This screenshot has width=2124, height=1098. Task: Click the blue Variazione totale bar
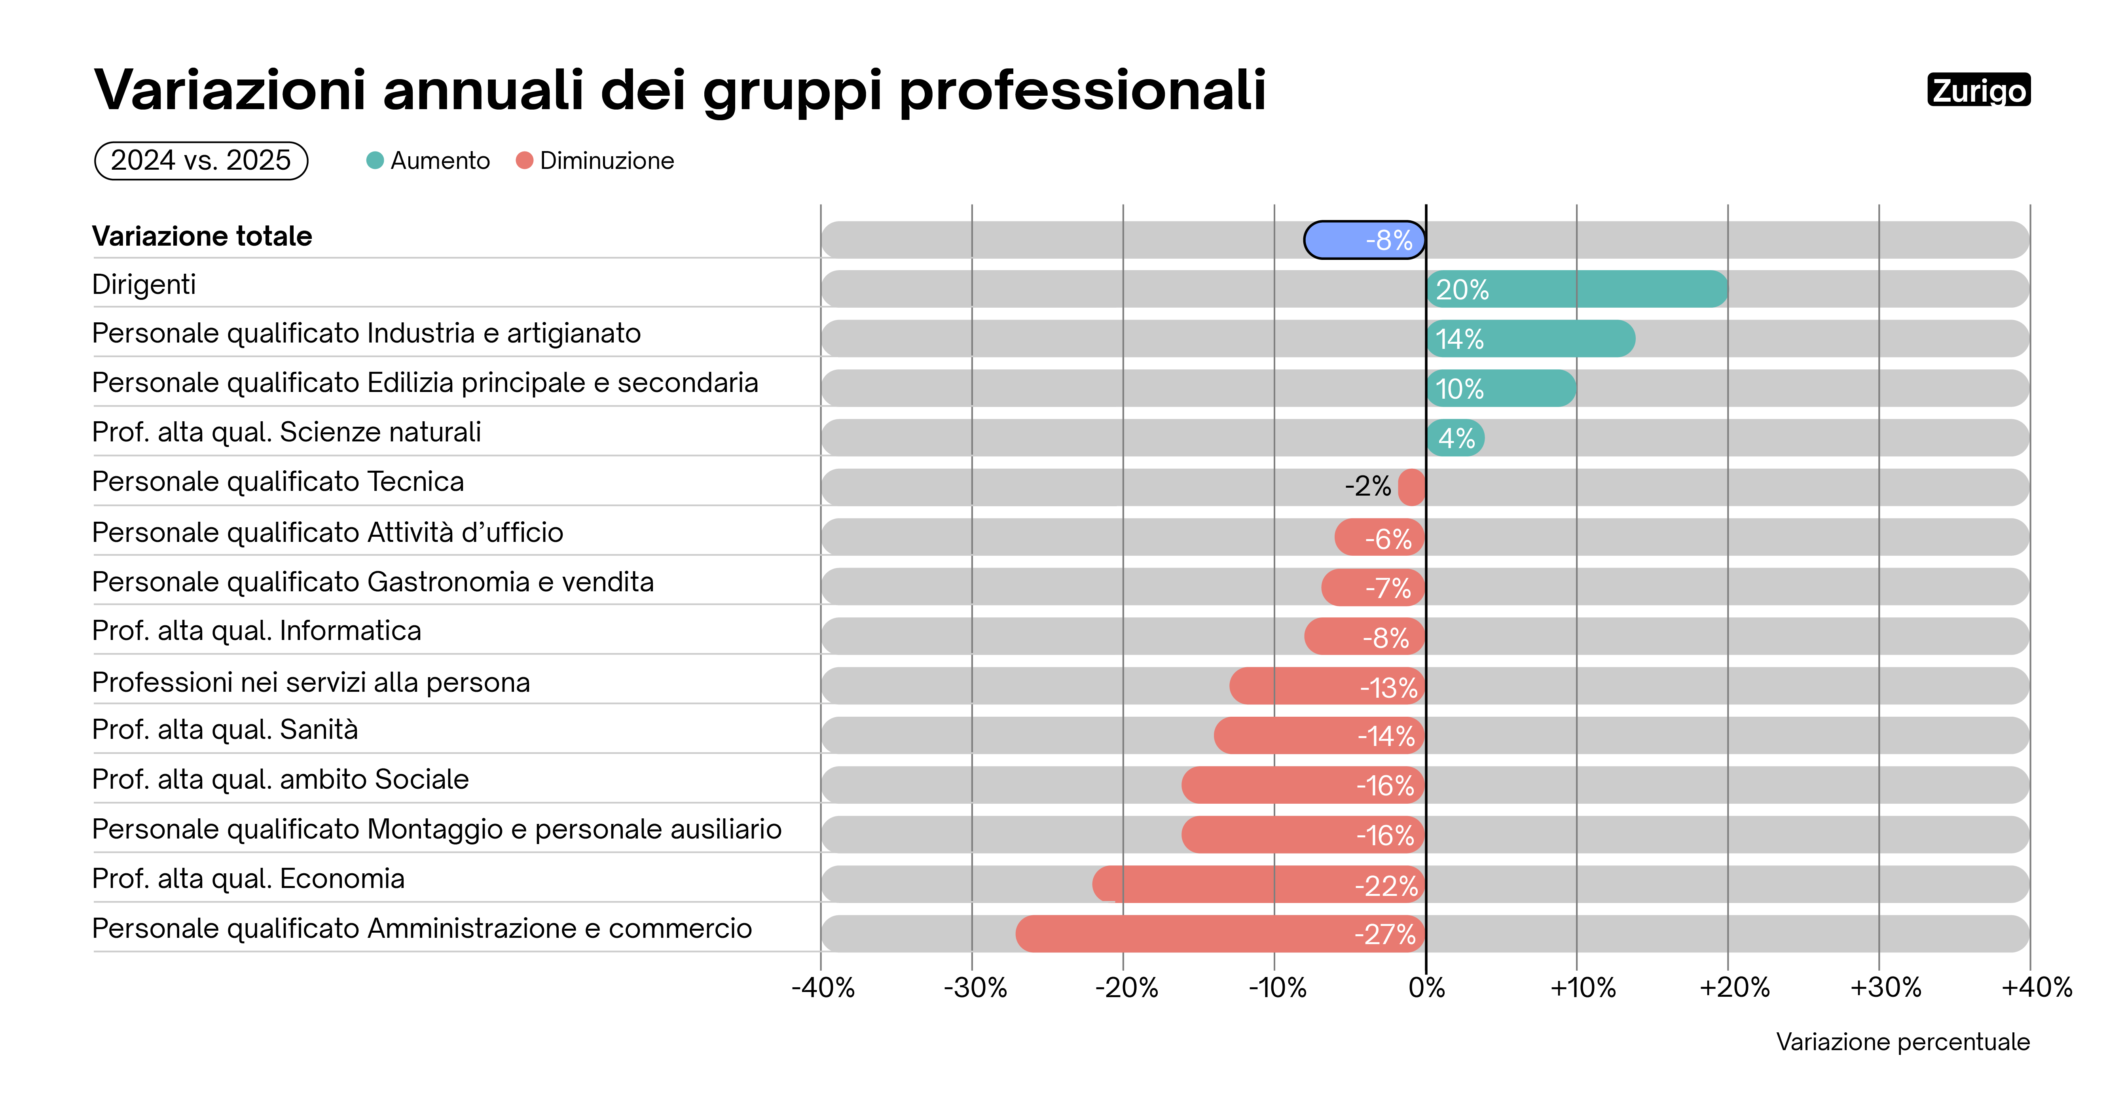point(1365,240)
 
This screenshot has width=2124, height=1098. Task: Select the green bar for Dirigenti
point(1576,290)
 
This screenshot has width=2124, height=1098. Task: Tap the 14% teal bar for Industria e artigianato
point(1530,339)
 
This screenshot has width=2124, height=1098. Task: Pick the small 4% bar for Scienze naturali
point(1455,438)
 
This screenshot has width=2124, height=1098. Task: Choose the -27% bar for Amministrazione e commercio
point(1220,934)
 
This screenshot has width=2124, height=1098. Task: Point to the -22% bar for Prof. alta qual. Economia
point(1259,884)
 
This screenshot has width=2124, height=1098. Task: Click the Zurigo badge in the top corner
point(1978,90)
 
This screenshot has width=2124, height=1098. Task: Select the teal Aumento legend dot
point(375,161)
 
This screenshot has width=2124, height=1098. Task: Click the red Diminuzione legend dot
point(524,161)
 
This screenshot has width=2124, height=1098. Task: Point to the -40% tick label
point(823,988)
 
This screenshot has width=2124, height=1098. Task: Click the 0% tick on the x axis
point(1426,988)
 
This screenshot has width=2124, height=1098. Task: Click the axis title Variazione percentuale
point(1902,1042)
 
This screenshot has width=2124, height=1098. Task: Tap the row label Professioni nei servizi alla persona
point(311,683)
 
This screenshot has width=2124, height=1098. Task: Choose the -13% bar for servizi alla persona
point(1327,686)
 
